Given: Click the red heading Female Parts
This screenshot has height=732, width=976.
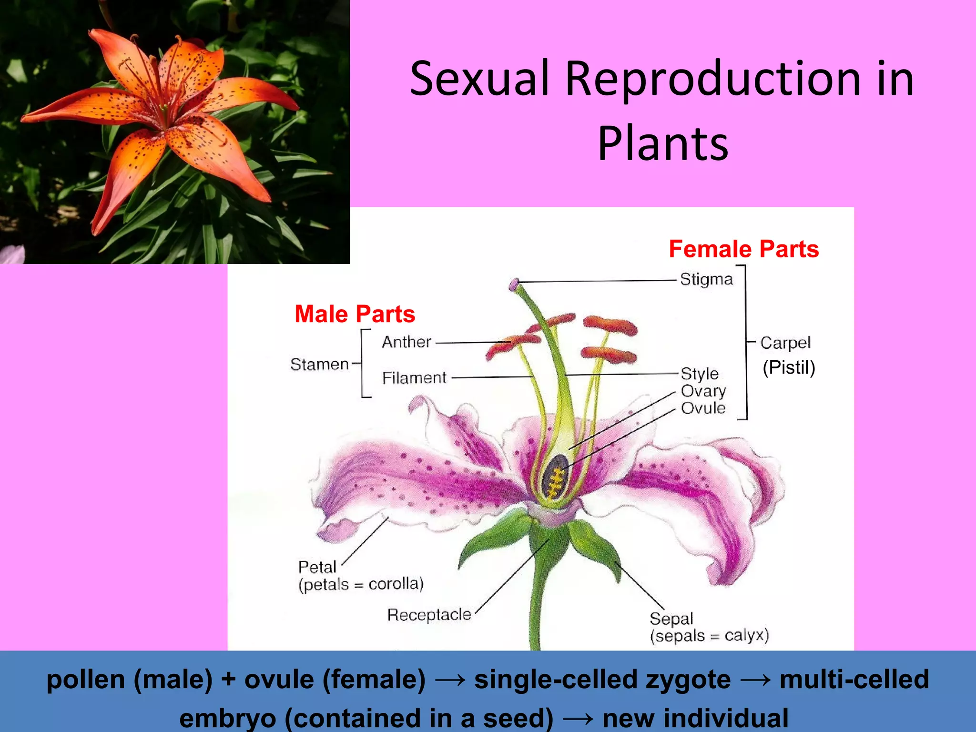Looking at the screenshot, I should (x=743, y=249).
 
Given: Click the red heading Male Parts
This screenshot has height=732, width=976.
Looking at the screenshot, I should (x=355, y=314).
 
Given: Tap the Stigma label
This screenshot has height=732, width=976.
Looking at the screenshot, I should (x=706, y=279).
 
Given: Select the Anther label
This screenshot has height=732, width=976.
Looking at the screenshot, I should (x=406, y=342).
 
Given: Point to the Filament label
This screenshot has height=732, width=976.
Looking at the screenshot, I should (x=414, y=378).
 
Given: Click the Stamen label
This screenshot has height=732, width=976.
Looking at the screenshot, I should (x=319, y=365).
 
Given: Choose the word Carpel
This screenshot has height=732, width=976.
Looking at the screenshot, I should (x=785, y=343).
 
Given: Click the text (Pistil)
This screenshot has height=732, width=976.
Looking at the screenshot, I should (x=789, y=367).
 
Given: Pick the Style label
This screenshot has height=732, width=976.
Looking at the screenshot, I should (x=699, y=374).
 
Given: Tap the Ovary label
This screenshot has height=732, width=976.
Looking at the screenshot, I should (x=703, y=391).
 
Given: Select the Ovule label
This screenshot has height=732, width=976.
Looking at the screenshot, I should (x=703, y=408).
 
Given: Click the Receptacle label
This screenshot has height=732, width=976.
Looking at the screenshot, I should (x=429, y=615).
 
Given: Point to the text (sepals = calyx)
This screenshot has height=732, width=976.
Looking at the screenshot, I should (x=709, y=636).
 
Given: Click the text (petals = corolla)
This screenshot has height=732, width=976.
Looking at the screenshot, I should (x=361, y=584).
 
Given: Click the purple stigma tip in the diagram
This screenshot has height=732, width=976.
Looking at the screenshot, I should (x=513, y=285).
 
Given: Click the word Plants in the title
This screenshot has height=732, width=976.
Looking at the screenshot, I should (x=663, y=143).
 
